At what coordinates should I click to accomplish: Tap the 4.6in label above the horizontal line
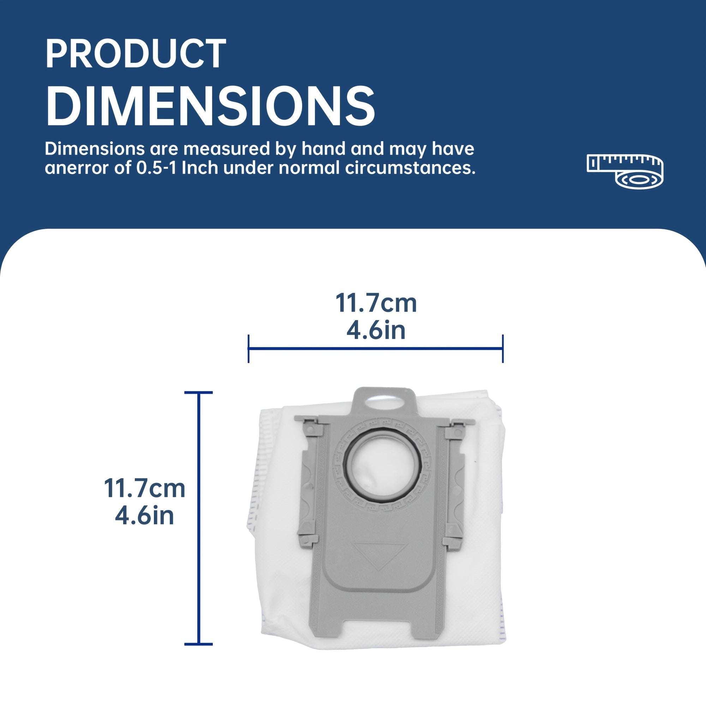(376, 330)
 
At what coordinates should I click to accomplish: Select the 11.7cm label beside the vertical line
(144, 489)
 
